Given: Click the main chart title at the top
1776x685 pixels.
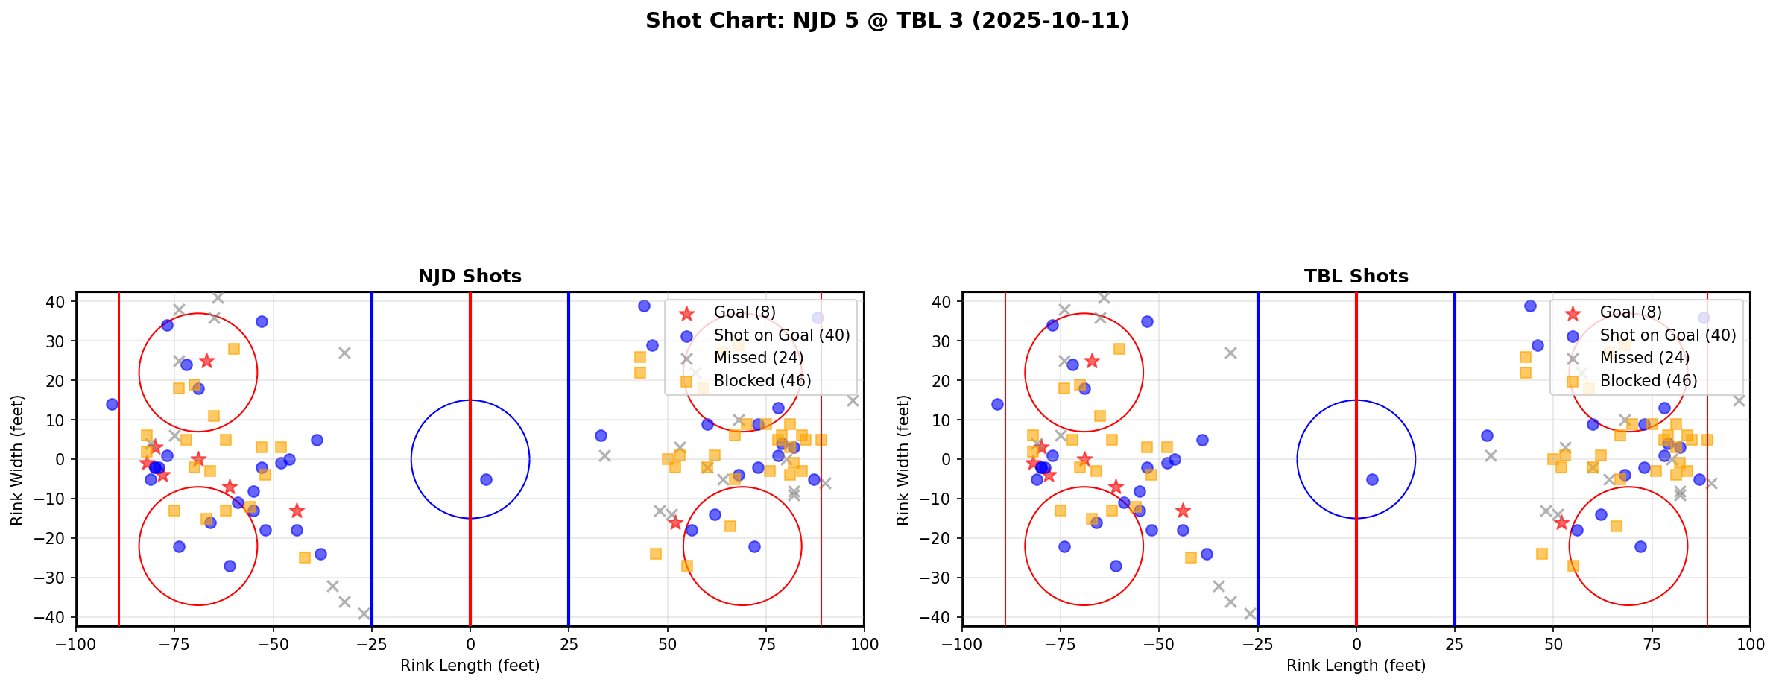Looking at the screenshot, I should (x=887, y=20).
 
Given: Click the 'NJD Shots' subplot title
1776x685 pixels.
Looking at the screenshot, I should (x=470, y=277).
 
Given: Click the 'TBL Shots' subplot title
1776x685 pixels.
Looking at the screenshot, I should (x=1356, y=277).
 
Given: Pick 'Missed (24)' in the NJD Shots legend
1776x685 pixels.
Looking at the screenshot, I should (x=758, y=358).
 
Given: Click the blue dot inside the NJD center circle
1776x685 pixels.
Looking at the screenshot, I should (x=486, y=479).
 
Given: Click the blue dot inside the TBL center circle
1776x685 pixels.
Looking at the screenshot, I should (x=1372, y=479).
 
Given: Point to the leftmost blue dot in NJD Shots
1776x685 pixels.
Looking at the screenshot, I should (x=112, y=404).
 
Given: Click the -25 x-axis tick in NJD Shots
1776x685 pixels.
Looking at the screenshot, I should (x=371, y=644).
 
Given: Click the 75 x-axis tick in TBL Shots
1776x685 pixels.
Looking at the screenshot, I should (x=1652, y=644).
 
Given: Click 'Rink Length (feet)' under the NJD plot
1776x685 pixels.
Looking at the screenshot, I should (x=470, y=666).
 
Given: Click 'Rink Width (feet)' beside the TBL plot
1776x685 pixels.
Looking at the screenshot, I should (x=903, y=459).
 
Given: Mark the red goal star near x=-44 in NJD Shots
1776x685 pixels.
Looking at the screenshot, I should (x=297, y=511).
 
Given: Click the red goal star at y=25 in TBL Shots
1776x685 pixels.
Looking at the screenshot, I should (x=1092, y=361).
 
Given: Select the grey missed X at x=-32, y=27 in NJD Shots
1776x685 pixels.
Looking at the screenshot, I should (x=344, y=353).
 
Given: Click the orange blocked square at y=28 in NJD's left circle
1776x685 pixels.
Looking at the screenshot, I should (x=233, y=349).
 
